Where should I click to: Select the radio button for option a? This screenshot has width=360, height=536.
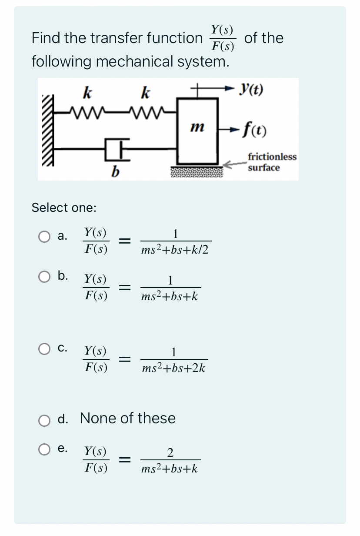[44, 237]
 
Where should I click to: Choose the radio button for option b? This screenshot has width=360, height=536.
[44, 277]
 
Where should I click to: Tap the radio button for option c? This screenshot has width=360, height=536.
[44, 348]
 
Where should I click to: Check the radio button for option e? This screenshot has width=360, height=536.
[44, 450]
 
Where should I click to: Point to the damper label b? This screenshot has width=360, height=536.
[114, 172]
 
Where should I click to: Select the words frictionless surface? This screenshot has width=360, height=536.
[272, 162]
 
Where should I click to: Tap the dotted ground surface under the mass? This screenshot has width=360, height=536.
[197, 172]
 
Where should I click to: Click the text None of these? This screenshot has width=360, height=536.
[128, 419]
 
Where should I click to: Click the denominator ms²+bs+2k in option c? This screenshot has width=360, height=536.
[173, 368]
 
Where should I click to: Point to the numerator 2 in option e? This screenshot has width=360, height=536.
[170, 453]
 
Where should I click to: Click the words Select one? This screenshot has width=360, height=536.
[64, 208]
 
